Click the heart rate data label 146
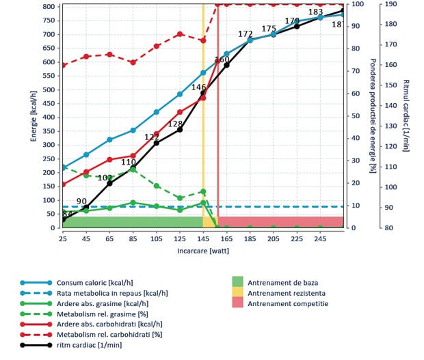pos(198,87)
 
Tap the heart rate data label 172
pos(246,34)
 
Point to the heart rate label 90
pos(81,202)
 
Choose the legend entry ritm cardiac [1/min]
pos(90,345)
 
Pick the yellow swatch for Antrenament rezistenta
pos(237,293)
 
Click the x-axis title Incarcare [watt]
pos(203,251)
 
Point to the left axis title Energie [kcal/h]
pos(34,115)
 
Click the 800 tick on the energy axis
pos(48,6)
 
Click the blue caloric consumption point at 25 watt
pos(63,167)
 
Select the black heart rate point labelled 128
pos(180,129)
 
